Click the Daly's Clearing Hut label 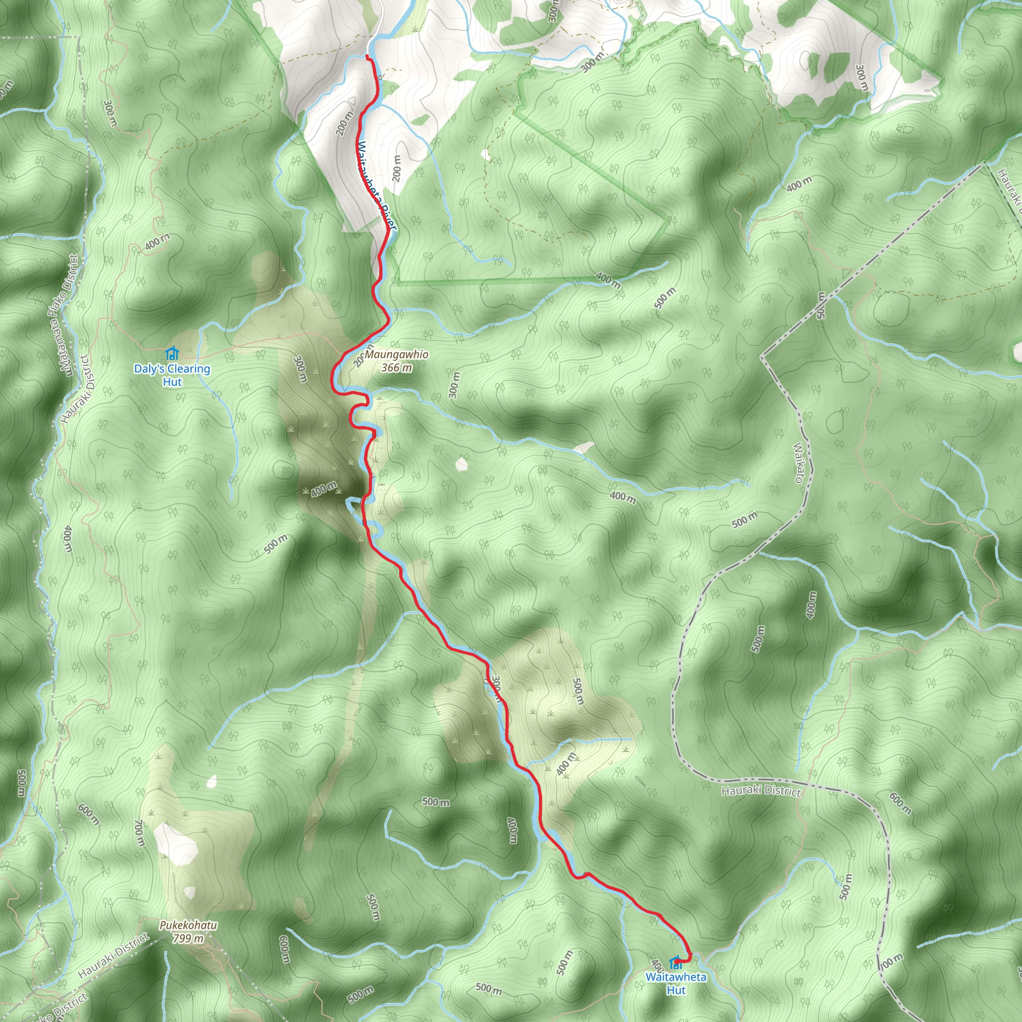click(172, 375)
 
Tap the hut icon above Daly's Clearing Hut click(171, 353)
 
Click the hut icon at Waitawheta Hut click(675, 963)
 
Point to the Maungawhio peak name click(397, 354)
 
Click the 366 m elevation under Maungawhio click(396, 367)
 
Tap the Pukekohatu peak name click(188, 925)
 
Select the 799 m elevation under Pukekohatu click(188, 939)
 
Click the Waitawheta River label click(376, 185)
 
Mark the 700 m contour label click(139, 833)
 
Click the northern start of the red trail click(368, 56)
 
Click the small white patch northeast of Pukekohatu click(212, 781)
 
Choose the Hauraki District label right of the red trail click(761, 791)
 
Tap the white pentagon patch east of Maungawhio click(461, 464)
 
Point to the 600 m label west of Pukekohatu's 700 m click(88, 814)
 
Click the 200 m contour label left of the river click(344, 123)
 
